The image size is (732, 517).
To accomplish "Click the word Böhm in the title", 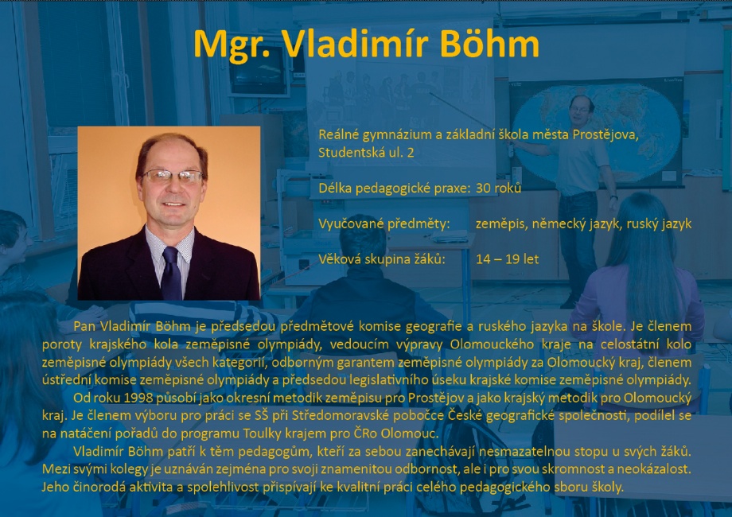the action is [x=489, y=44].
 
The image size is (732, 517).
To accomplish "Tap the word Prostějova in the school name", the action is [x=605, y=135].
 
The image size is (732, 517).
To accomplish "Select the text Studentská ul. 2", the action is [x=366, y=153].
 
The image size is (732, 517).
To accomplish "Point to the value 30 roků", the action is [x=498, y=188].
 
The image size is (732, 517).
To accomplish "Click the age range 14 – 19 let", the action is [x=508, y=259].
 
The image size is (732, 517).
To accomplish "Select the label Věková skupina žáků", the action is [x=382, y=259].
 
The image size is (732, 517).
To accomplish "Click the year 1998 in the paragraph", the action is [x=137, y=398].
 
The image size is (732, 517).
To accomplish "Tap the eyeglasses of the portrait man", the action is [x=173, y=177].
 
